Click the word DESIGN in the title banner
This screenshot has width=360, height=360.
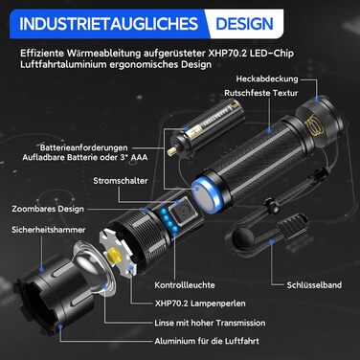pos(244,24)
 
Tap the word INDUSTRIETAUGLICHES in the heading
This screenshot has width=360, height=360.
pos(108,24)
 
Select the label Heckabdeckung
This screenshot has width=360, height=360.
pos(267,79)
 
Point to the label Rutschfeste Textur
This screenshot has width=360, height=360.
pos(260,93)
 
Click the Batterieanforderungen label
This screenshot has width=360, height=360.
pos(83,147)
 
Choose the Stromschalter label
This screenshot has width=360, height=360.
pos(121,181)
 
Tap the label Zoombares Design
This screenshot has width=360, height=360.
pos(48,209)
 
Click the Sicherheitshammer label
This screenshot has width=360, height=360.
pos(49,230)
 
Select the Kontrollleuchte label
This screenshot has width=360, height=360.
pos(185,285)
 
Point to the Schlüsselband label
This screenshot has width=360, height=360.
pos(314,285)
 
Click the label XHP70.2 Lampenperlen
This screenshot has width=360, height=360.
pos(200,304)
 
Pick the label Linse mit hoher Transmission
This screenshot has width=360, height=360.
pos(210,323)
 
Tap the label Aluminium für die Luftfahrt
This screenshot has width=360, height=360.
pos(207,341)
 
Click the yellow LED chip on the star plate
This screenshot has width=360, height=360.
pos(115,256)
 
